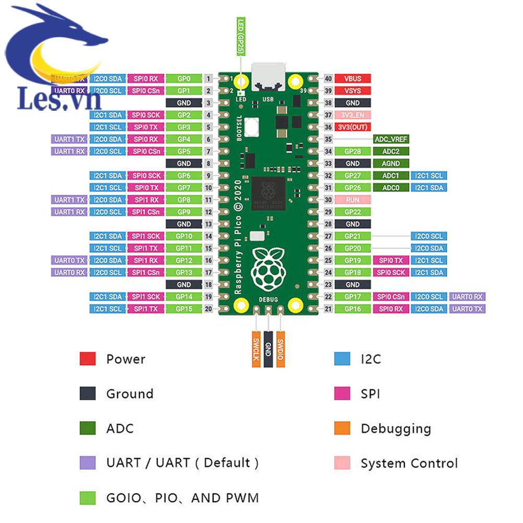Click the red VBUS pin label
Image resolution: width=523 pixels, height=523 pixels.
click(353, 79)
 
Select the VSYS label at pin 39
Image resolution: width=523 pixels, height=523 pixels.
click(353, 91)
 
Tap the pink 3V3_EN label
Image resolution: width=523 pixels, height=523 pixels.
click(353, 115)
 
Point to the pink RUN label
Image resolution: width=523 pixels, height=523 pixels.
click(353, 200)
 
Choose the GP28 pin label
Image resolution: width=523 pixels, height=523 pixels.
click(353, 152)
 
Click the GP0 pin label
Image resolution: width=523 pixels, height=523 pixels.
click(184, 79)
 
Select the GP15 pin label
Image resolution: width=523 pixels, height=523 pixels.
click(184, 309)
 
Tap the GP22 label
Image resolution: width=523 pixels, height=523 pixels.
click(353, 212)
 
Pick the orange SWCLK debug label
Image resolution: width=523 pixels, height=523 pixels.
click(256, 349)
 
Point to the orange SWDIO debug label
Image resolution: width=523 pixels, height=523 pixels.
click(281, 349)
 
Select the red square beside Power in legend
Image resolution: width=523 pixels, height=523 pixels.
click(87, 359)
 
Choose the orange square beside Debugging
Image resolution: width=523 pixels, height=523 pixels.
click(342, 428)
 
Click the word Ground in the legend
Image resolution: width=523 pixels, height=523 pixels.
click(130, 393)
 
